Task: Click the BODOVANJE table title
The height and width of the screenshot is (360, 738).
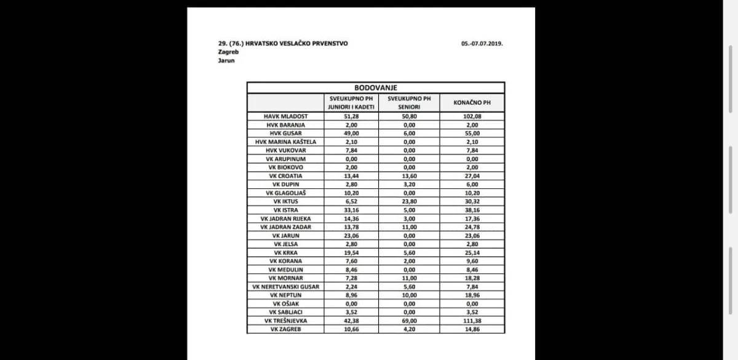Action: coord(375,88)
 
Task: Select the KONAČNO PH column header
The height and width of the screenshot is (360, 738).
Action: coord(472,103)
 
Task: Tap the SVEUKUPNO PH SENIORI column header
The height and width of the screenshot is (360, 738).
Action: coord(409,103)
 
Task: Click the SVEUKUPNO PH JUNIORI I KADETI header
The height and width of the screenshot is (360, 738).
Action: coord(351,103)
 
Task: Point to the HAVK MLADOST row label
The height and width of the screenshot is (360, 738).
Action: coord(285,116)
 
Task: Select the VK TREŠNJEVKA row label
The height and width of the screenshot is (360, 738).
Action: coord(285,321)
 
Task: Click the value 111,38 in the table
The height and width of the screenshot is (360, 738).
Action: coord(472,321)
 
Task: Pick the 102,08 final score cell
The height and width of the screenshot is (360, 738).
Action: coord(472,116)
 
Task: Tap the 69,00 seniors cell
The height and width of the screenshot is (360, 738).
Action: coord(409,321)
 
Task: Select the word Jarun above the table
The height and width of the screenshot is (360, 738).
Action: coord(226,60)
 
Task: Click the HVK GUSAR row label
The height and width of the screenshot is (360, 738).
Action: coord(285,133)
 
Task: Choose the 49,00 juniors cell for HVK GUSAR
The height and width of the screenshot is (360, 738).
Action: coord(351,133)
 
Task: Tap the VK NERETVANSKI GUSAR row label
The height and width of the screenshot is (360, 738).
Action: coord(285,287)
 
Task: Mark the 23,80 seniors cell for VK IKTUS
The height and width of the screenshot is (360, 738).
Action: coord(409,201)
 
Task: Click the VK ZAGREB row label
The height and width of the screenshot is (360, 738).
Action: coord(285,329)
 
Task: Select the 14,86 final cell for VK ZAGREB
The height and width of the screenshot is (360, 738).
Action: coord(472,329)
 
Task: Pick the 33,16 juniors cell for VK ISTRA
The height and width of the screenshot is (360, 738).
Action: coord(351,210)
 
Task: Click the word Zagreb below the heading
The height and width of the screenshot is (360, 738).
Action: coord(228,52)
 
